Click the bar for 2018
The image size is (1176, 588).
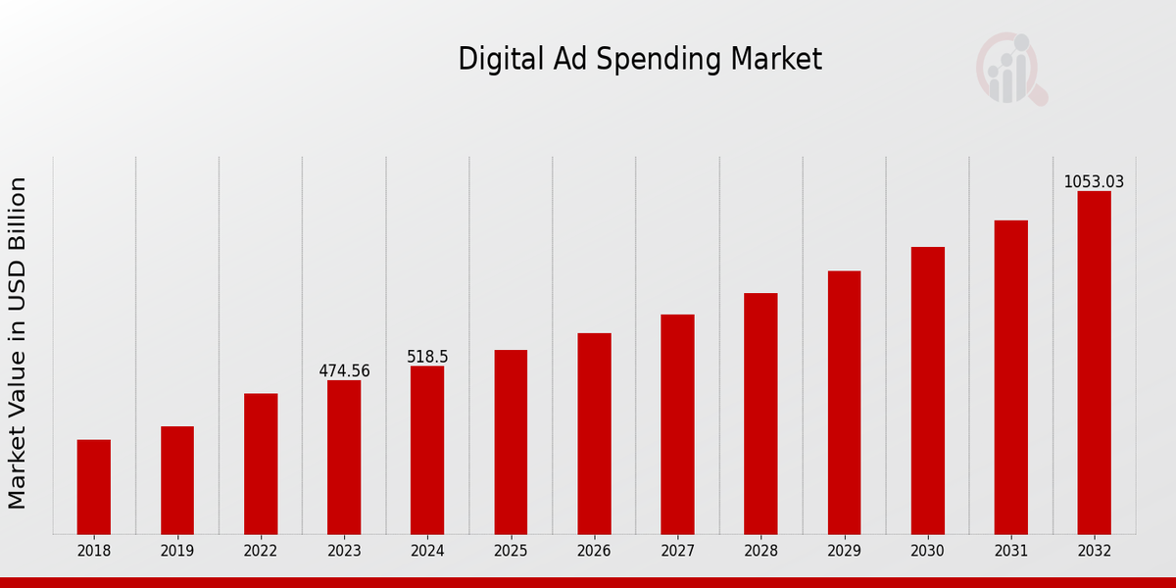click(94, 487)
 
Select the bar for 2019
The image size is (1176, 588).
click(177, 480)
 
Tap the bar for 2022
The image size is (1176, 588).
click(261, 464)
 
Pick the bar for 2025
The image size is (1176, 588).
click(511, 442)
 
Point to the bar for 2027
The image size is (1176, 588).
click(677, 424)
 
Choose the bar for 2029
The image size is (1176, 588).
click(844, 403)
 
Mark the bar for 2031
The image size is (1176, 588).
click(1011, 377)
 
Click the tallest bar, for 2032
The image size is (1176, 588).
click(1094, 363)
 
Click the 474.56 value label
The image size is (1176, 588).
click(344, 371)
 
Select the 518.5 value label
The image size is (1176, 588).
click(427, 357)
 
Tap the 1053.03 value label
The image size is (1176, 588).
click(1094, 182)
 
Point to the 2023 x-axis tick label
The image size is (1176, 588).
click(344, 552)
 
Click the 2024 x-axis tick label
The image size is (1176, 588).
click(427, 552)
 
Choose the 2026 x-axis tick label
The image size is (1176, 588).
click(594, 552)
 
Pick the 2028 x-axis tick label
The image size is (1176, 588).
click(760, 552)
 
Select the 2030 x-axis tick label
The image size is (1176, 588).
click(927, 552)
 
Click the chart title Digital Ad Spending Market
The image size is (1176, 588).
click(640, 60)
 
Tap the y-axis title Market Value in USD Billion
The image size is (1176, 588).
click(19, 343)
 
